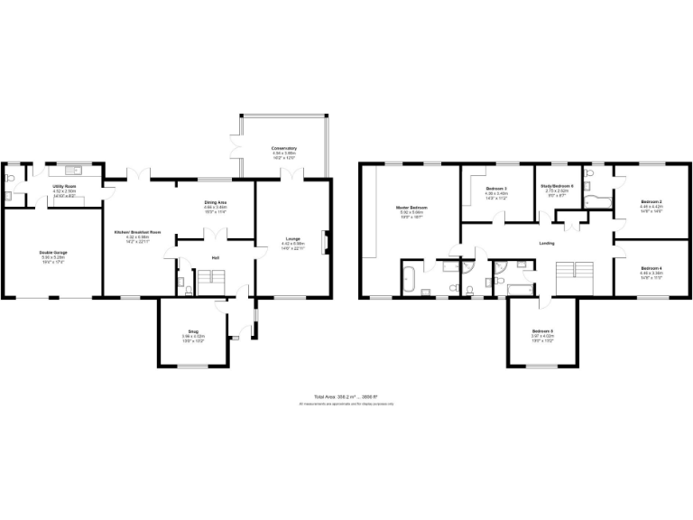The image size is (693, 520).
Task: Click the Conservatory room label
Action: [284, 148]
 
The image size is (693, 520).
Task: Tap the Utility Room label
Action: [64, 185]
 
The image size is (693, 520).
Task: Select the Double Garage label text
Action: [53, 252]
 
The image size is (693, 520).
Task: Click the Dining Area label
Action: [215, 202]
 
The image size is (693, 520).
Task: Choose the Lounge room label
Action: [292, 238]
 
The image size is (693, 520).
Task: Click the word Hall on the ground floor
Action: [216, 258]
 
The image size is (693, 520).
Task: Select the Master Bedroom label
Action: [411, 208]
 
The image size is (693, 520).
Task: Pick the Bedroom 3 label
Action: [496, 188]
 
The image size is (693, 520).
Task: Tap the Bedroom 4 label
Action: [651, 268]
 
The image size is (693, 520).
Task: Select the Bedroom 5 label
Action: [541, 331]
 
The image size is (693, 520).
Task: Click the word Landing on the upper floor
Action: [547, 244]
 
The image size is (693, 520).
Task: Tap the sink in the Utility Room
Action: [72, 169]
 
